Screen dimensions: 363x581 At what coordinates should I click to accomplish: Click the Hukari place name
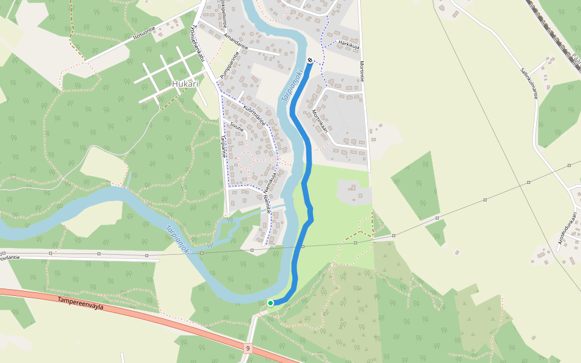185,84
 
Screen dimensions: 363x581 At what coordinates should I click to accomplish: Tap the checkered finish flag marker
310,60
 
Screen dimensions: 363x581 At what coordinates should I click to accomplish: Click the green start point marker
271,303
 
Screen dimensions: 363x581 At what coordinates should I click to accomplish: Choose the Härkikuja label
350,44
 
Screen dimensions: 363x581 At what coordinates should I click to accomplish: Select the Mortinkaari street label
320,121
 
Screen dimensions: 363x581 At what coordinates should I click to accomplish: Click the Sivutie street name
237,128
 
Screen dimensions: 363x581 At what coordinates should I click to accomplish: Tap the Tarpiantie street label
223,146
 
